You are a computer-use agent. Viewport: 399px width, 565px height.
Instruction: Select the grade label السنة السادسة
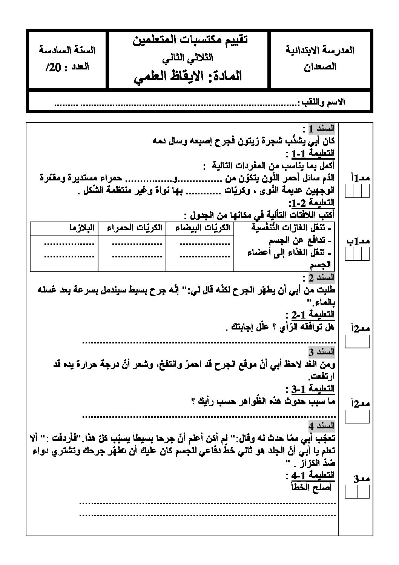(x=67, y=50)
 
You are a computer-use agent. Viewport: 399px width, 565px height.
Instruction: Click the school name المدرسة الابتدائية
(x=320, y=50)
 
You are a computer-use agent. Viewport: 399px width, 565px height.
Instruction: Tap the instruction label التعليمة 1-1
(x=312, y=154)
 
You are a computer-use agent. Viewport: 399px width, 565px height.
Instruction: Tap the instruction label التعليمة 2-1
(x=312, y=314)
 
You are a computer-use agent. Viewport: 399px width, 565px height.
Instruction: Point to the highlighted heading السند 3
(x=322, y=352)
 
